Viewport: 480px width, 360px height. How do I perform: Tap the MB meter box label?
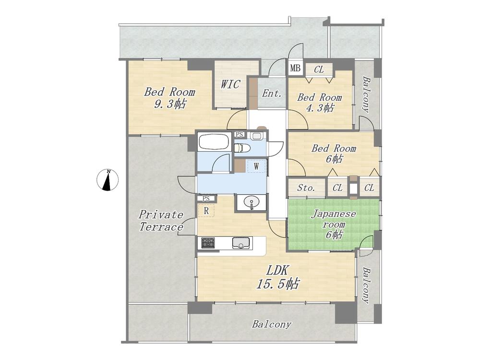(x=295, y=68)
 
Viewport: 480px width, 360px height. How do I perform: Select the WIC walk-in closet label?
(x=230, y=84)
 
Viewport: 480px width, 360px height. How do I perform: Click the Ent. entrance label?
(x=272, y=93)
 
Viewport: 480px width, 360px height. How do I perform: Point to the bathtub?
(x=214, y=142)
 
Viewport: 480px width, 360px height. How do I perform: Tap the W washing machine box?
(x=256, y=166)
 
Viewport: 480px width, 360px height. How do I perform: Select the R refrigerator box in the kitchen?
(x=206, y=211)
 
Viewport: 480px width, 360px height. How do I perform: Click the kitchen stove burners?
(x=208, y=243)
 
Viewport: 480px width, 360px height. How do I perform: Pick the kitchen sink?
(x=241, y=243)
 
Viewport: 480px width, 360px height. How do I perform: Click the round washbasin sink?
(x=252, y=202)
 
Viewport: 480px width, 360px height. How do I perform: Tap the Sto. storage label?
(x=306, y=188)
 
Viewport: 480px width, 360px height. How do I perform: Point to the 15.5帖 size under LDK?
(x=277, y=284)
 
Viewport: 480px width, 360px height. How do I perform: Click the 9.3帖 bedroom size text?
(x=169, y=104)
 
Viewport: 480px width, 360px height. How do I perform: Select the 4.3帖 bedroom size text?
(x=320, y=108)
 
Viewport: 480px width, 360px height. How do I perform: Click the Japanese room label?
(x=334, y=218)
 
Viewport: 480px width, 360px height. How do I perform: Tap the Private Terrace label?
(x=161, y=221)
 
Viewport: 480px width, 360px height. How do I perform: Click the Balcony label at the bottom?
(x=271, y=324)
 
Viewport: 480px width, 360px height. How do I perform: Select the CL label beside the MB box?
(x=319, y=70)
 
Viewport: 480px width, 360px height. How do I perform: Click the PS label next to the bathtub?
(x=240, y=134)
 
